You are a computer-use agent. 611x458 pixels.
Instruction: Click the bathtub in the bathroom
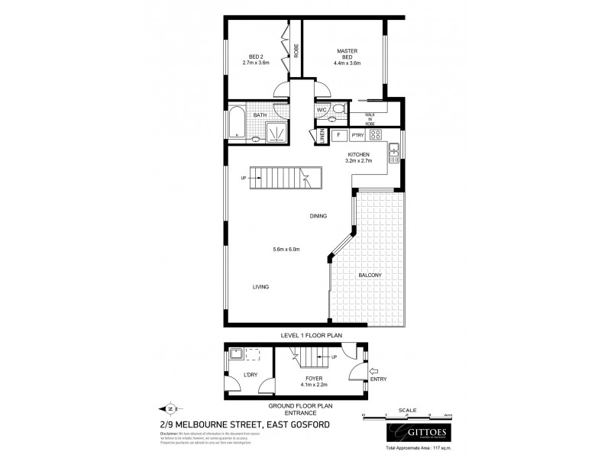click(236, 124)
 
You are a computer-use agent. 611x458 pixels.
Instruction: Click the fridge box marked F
click(338, 136)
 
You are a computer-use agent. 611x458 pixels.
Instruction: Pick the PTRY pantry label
click(357, 136)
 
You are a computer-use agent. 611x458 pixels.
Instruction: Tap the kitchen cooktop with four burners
click(375, 135)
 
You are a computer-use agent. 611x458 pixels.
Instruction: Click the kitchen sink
click(394, 152)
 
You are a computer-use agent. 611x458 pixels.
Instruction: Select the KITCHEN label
click(357, 156)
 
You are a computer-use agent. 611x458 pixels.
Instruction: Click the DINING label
click(318, 216)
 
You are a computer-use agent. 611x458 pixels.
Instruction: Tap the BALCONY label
click(368, 275)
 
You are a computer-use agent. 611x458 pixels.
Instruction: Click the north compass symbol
click(170, 408)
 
